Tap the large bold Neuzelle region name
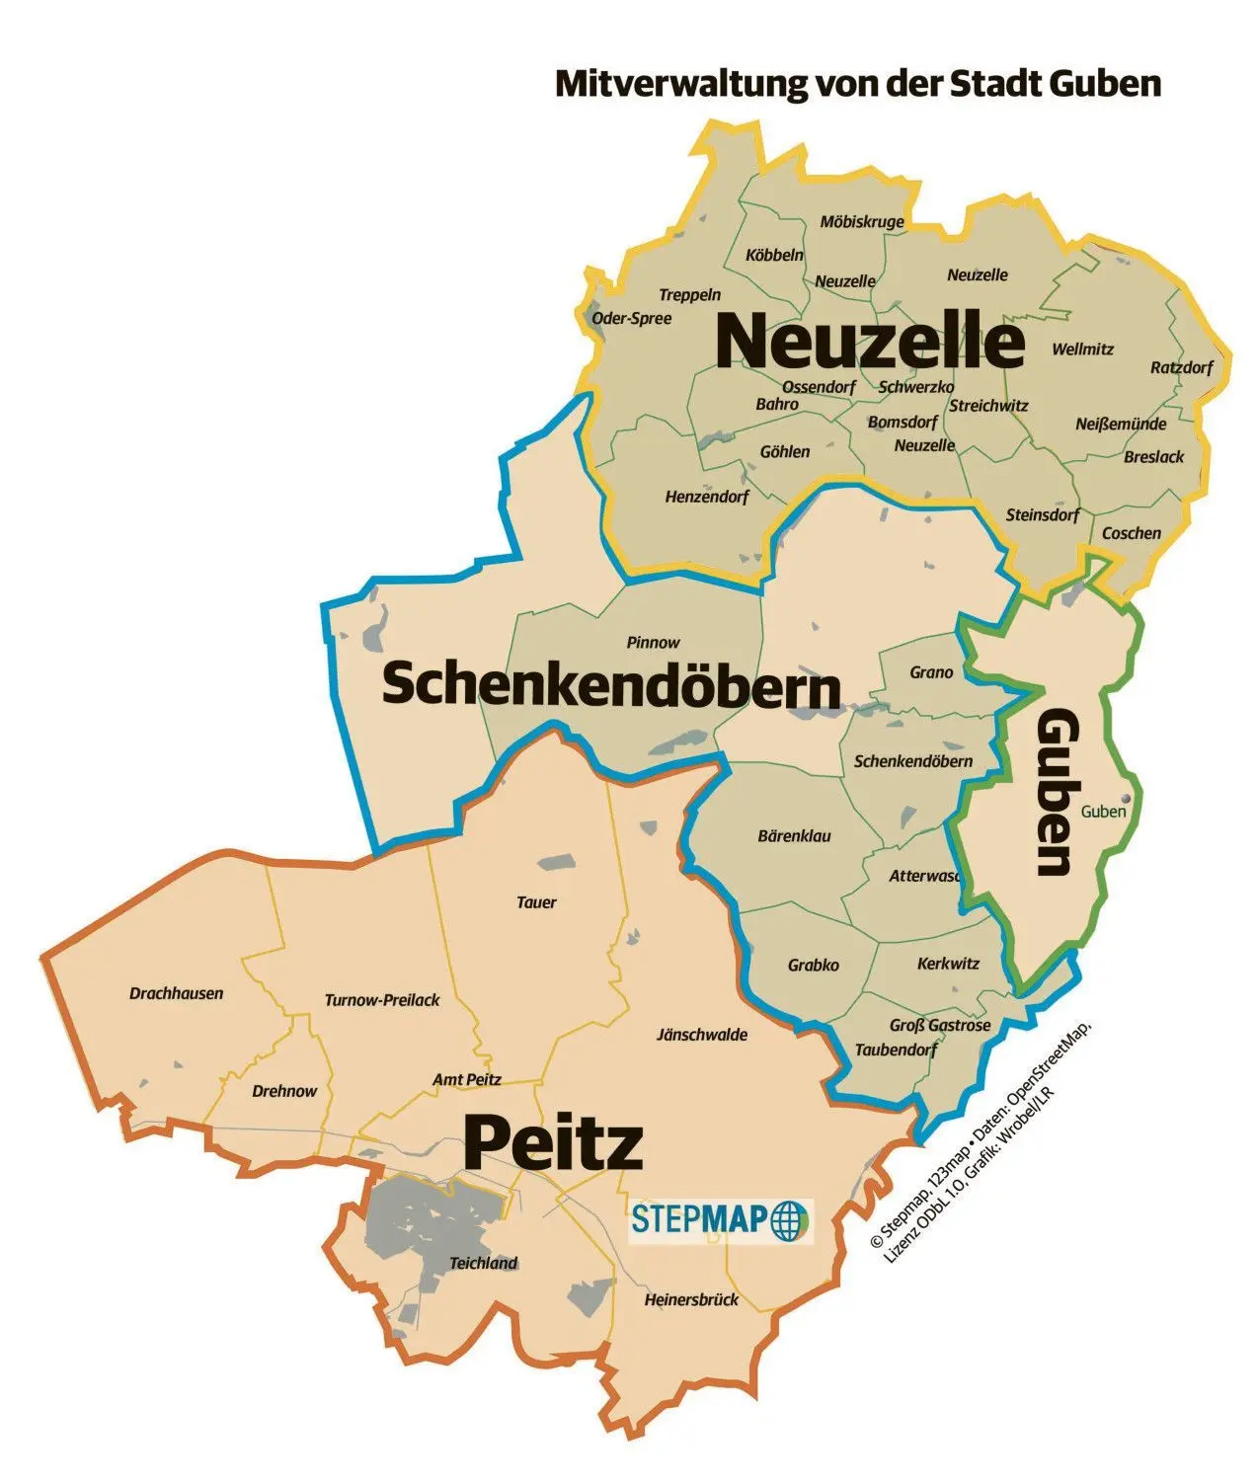(x=870, y=342)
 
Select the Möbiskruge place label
(x=862, y=222)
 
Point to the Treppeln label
(x=690, y=295)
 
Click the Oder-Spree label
(x=631, y=318)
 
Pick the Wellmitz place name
(x=1082, y=350)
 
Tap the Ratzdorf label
(x=1181, y=368)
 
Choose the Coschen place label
(x=1132, y=533)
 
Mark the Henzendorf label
(x=707, y=497)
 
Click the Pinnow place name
(x=654, y=643)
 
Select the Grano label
(x=931, y=672)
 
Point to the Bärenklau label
(x=794, y=836)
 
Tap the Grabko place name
(x=814, y=965)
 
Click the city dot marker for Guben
(x=1125, y=801)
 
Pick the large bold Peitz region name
(x=553, y=1144)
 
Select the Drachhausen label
(x=177, y=993)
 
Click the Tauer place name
(x=536, y=902)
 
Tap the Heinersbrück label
(x=691, y=1300)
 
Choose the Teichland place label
(x=484, y=1263)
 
